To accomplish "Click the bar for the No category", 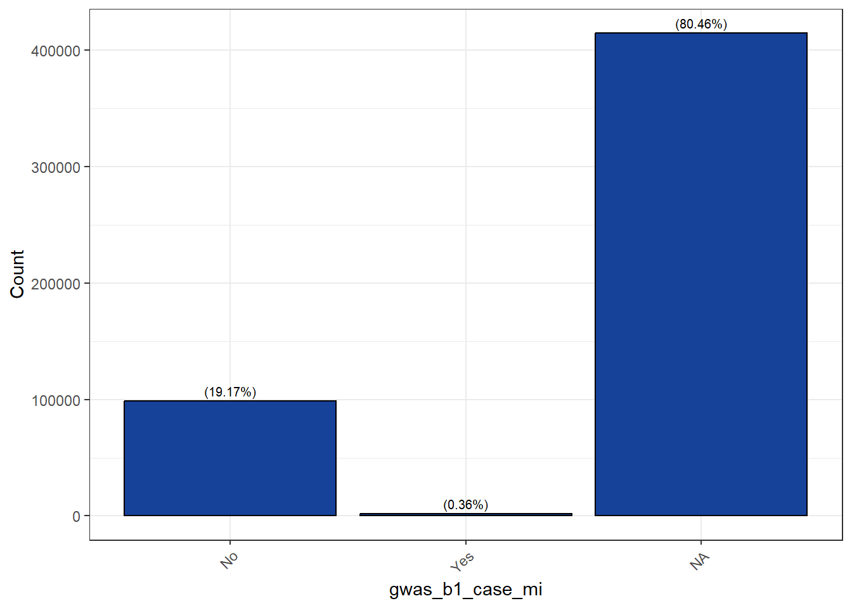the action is [x=230, y=458].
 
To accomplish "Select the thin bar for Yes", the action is [x=465, y=514].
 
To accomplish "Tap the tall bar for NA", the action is [x=701, y=274].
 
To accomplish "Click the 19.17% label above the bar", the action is [x=230, y=392].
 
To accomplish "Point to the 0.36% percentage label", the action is [x=465, y=505].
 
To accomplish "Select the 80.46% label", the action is [x=701, y=24].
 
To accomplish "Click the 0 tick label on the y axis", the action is [x=76, y=516].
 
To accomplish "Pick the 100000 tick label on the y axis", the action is [x=56, y=400].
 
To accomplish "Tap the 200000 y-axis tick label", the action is [x=56, y=284].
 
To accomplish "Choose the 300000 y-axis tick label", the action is [x=56, y=167].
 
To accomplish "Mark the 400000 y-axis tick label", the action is [x=56, y=51].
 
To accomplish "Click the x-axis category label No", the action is [x=229, y=560].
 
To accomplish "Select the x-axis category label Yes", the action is [x=462, y=562].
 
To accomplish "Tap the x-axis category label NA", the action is [x=700, y=561].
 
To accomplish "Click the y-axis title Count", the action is [x=17, y=274].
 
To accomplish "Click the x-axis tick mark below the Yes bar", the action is [x=465, y=542].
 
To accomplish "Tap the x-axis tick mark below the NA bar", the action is [x=701, y=542].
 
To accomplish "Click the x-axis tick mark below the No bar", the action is [x=230, y=542].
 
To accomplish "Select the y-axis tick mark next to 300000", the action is [x=87, y=167].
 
